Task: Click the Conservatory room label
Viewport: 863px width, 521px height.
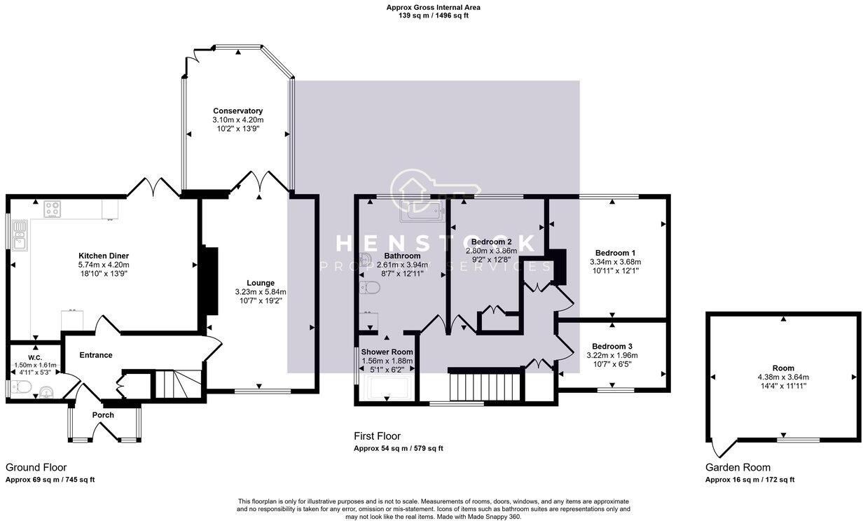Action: pos(238,111)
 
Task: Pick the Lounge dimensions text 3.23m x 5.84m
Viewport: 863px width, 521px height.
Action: pos(260,291)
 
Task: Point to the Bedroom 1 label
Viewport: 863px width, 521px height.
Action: pos(615,253)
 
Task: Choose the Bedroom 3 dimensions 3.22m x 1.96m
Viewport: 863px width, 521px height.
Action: pos(613,355)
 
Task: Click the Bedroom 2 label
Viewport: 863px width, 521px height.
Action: pos(491,242)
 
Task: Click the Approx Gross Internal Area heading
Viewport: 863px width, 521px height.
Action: pos(433,7)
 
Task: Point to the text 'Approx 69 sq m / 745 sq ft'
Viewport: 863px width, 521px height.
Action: pos(50,480)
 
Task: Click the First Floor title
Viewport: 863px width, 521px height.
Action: pos(377,436)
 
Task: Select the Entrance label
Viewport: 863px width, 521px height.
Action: pos(95,355)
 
